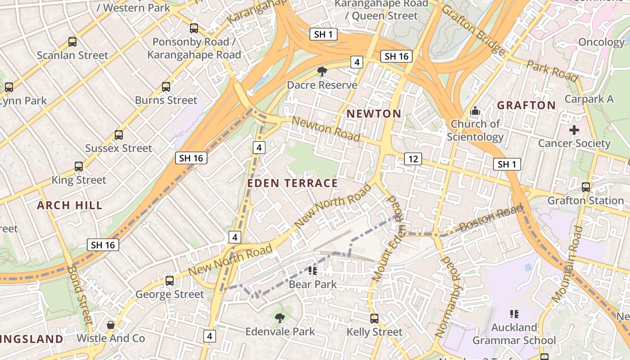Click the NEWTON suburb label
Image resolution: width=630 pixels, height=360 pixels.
373,114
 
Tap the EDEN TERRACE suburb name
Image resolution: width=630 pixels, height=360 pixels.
292,183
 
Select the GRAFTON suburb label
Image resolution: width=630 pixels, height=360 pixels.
526,105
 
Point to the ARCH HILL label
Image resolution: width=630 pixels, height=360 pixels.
70,206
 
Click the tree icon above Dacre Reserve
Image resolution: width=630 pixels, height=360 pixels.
322,71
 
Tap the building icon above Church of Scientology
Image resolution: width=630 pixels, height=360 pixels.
475,110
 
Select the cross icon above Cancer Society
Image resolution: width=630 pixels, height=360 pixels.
574,130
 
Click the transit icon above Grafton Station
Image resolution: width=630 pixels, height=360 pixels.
585,187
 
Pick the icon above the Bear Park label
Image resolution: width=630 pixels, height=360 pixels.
312,270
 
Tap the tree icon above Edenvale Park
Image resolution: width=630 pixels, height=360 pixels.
279,318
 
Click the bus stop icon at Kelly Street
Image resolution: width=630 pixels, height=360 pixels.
374,319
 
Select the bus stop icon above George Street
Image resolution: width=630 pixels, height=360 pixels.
170,281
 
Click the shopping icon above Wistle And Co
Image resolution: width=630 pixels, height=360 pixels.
110,324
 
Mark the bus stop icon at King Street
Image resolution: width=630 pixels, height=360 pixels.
79,166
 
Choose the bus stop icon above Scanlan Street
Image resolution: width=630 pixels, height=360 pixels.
72,42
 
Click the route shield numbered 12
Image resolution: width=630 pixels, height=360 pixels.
413,158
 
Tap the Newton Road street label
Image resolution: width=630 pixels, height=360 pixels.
326,129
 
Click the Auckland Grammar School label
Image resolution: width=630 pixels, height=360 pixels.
514,334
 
